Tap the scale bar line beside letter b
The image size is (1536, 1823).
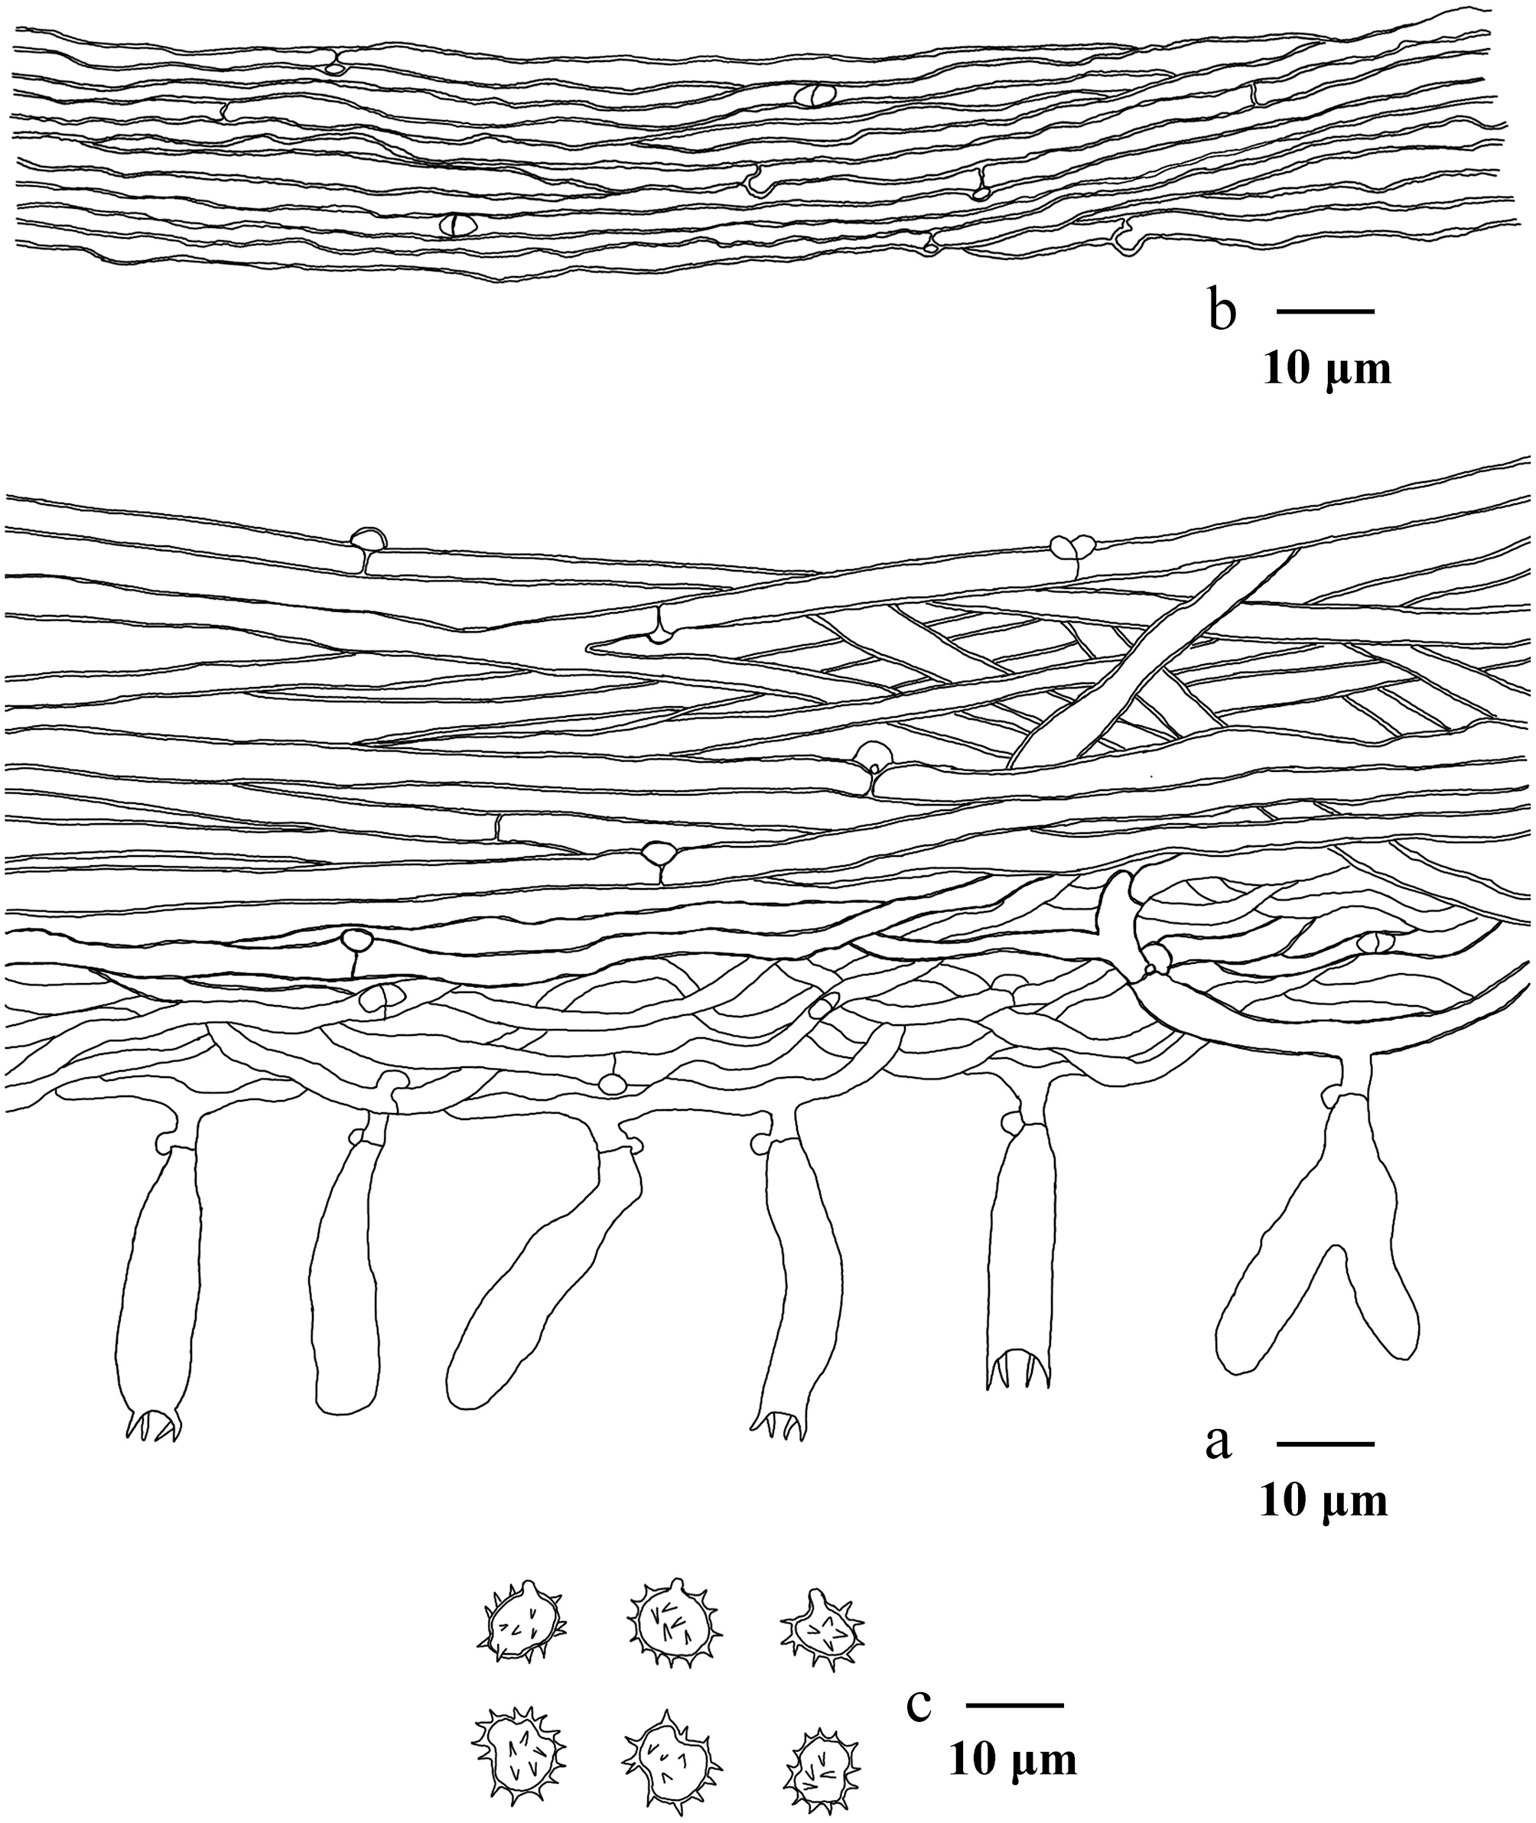[1326, 311]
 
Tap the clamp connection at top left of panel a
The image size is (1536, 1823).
[366, 538]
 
